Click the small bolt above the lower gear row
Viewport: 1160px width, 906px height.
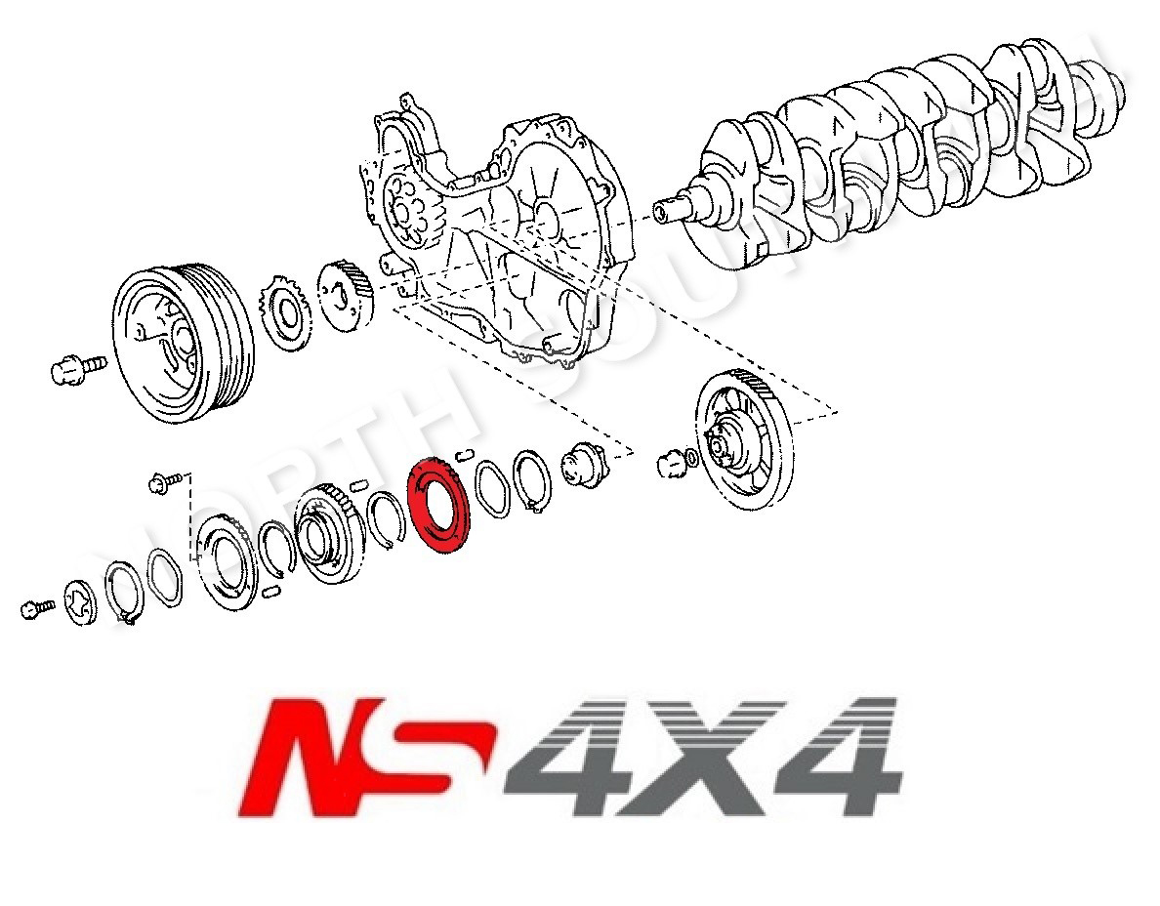[167, 481]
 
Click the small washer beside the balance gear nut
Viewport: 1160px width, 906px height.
[691, 455]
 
